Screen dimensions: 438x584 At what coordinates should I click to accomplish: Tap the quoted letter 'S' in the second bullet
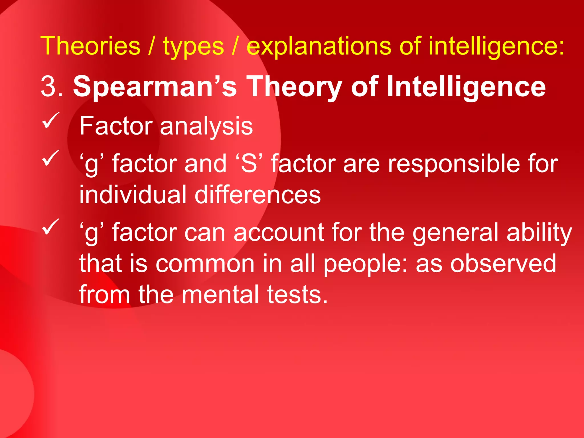click(249, 164)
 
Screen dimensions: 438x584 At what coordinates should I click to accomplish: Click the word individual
click(133, 194)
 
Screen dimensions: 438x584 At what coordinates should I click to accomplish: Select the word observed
click(503, 263)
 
